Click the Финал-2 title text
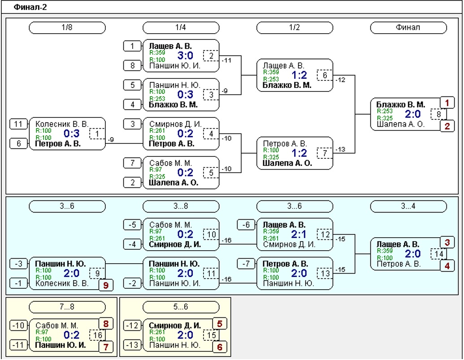tap(30, 7)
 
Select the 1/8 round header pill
tap(67, 27)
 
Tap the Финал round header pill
tap(408, 27)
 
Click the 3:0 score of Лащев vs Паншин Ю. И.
tap(185, 55)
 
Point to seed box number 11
tap(18, 124)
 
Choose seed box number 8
tap(132, 65)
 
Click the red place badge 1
tap(447, 103)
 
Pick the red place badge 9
tap(106, 285)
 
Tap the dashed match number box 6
tap(325, 75)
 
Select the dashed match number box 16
tap(97, 335)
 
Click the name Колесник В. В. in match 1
tap(62, 124)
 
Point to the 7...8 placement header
tap(67, 307)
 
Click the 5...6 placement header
tap(181, 307)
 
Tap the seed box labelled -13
tap(132, 345)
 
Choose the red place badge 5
tap(220, 324)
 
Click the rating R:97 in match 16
tap(42, 332)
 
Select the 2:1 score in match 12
tap(299, 234)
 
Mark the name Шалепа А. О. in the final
tap(401, 124)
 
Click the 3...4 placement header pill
tap(408, 206)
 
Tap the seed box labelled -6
tap(246, 225)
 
